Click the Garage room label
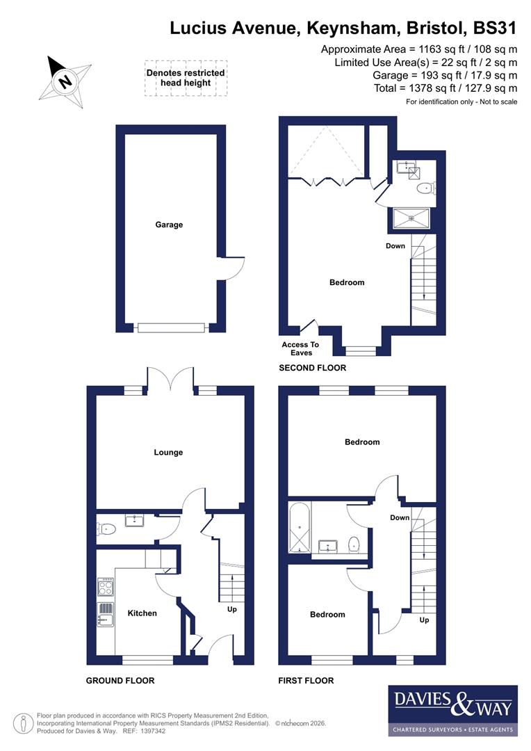click(169, 225)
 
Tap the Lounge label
click(168, 453)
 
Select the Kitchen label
click(142, 613)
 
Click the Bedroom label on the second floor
click(346, 282)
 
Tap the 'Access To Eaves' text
click(300, 348)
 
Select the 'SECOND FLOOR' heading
click(312, 368)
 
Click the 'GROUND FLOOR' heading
click(120, 680)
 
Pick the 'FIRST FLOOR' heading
click(306, 680)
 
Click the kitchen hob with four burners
click(106, 588)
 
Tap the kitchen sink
click(106, 614)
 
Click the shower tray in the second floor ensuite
click(409, 218)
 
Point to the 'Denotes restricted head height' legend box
click(185, 78)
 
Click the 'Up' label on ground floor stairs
click(231, 609)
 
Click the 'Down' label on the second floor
click(395, 246)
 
